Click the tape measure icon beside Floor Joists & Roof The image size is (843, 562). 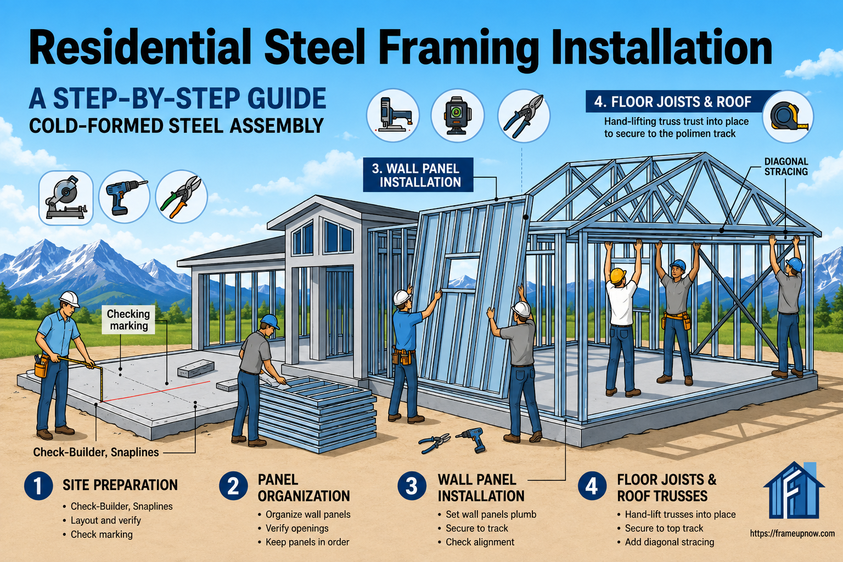(789, 117)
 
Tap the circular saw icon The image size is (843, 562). (66, 198)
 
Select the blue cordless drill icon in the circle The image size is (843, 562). (125, 197)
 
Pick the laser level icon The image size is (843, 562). (458, 116)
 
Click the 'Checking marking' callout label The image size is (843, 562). (128, 319)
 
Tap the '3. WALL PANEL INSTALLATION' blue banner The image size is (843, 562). (418, 175)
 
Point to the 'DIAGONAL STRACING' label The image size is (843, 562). (786, 166)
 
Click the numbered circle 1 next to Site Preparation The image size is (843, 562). (38, 486)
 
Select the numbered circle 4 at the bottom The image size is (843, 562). (592, 486)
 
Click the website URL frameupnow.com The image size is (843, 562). (787, 533)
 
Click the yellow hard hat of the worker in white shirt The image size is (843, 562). (617, 275)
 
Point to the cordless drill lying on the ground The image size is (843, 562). (471, 439)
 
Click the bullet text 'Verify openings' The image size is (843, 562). (297, 528)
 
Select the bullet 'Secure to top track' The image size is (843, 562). (664, 528)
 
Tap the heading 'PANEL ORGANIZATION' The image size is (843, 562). (304, 488)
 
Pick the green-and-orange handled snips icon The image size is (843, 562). (182, 197)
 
